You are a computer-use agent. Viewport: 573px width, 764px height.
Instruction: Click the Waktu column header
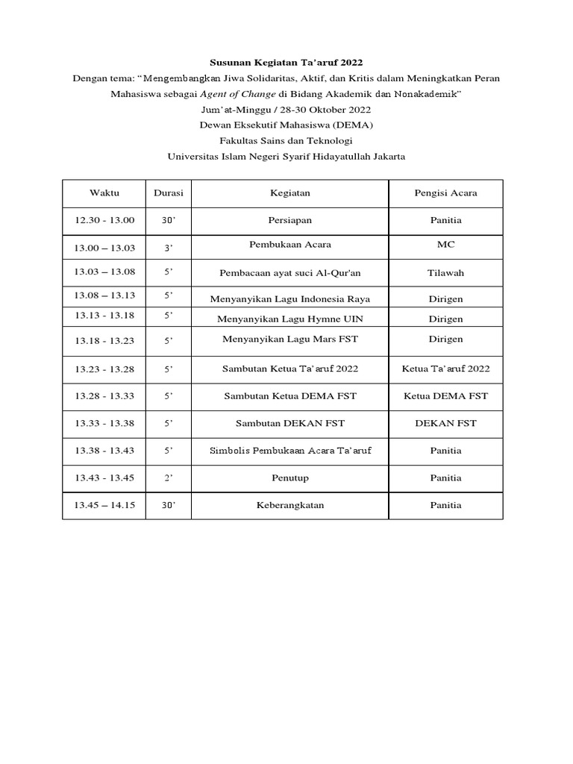pos(104,193)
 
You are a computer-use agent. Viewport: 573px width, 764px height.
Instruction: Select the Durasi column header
pos(169,193)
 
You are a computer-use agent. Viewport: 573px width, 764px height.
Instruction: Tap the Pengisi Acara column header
pos(445,193)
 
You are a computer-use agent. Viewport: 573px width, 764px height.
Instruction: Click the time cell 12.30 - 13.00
pos(104,220)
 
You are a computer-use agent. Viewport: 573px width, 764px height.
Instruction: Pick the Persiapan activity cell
pos(289,220)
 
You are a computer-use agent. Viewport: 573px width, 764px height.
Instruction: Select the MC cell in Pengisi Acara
pos(445,245)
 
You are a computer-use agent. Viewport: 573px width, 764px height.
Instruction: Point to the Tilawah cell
pos(445,273)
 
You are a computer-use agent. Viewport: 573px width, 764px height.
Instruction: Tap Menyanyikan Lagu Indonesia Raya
pos(289,299)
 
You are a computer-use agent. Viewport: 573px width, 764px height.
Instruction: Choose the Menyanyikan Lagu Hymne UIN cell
pos(289,319)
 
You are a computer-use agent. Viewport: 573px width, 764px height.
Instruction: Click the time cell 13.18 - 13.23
pos(104,339)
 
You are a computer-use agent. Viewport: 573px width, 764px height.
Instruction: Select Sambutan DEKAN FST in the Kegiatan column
pos(289,423)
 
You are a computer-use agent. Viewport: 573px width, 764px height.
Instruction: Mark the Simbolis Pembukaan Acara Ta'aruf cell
pos(289,451)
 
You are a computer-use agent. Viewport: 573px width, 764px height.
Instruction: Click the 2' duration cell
pos(169,478)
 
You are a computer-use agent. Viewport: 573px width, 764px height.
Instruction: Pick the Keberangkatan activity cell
pos(289,505)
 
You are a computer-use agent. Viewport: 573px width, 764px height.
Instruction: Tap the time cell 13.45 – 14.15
pos(104,505)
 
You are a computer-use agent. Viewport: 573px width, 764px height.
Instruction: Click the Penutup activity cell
pos(289,478)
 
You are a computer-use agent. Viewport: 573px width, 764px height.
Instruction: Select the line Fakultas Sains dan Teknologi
pos(286,140)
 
